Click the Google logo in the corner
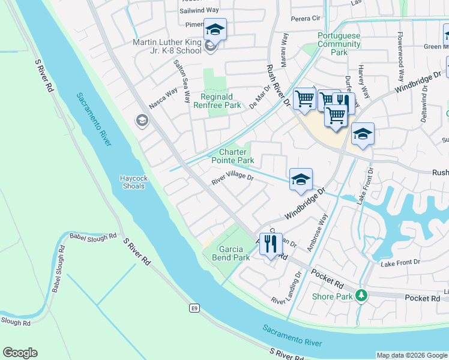(20, 353)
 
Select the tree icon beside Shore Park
(361, 296)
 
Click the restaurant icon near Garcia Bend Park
(271, 244)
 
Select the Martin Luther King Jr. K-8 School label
(167, 46)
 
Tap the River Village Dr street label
(233, 178)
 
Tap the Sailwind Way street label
(199, 10)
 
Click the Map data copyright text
(411, 355)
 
